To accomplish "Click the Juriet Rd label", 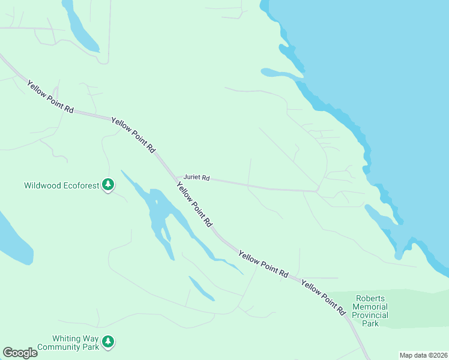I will [x=196, y=178].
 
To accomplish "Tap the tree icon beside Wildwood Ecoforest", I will [x=108, y=185].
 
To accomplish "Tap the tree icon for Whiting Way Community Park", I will [x=108, y=342].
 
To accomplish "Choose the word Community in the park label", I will [x=58, y=347].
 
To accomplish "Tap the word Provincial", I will [x=370, y=315].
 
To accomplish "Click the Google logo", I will [x=20, y=353].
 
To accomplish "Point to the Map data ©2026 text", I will [x=423, y=355].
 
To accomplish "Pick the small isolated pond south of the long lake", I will [x=201, y=288].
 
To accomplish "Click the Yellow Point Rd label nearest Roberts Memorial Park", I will [x=324, y=297].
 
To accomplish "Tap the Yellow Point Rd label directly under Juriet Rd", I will [x=194, y=205].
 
